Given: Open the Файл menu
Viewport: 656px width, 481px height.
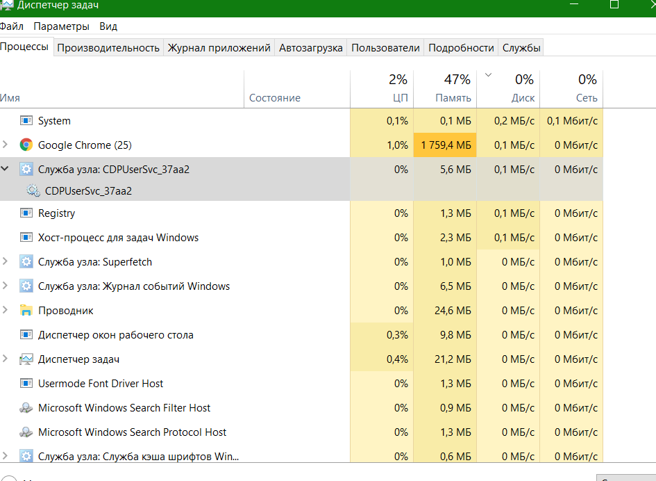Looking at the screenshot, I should pos(11,26).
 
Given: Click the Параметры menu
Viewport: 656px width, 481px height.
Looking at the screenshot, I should pos(61,26).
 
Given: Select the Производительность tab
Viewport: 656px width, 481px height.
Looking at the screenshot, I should pos(108,48).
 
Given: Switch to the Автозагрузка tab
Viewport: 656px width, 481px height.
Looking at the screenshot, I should pos(310,48).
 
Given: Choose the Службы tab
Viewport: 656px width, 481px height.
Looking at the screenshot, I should pos(521,48).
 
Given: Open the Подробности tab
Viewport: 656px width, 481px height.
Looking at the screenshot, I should pos(461,48).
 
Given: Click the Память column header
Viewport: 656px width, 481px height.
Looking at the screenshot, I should pos(453,98).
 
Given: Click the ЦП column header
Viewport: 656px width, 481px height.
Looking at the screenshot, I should pos(400,98).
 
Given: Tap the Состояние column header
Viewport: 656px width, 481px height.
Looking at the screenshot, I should pos(274,98).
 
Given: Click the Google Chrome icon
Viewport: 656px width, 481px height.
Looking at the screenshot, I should pos(26,145).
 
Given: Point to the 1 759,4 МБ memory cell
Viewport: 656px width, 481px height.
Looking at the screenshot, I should pos(445,145).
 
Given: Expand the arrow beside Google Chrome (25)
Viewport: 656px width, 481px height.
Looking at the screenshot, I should pos(6,145).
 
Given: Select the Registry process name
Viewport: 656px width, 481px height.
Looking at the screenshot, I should pos(56,213).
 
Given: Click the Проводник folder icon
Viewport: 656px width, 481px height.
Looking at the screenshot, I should pos(26,311).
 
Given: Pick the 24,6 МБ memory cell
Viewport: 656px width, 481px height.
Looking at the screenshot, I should pos(453,311).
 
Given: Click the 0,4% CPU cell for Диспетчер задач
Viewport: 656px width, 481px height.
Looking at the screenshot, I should pos(396,359).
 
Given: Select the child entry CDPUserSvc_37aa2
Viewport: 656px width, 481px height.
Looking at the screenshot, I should pos(88,190).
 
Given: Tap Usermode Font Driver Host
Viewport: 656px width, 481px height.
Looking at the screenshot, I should pos(101,384).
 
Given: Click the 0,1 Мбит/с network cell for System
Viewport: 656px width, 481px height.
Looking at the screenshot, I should pos(572,121).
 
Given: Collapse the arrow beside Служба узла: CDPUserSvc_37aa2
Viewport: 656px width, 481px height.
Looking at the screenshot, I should pos(6,169).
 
